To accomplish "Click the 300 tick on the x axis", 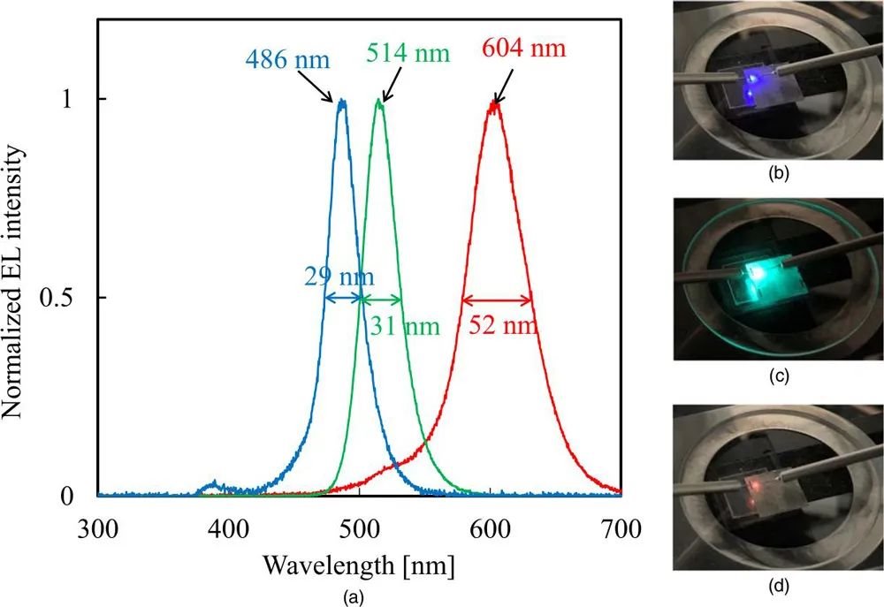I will tap(97, 529).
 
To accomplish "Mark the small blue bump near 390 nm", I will tap(212, 485).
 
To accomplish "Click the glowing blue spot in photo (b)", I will tap(751, 81).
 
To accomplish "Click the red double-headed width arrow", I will tap(497, 299).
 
